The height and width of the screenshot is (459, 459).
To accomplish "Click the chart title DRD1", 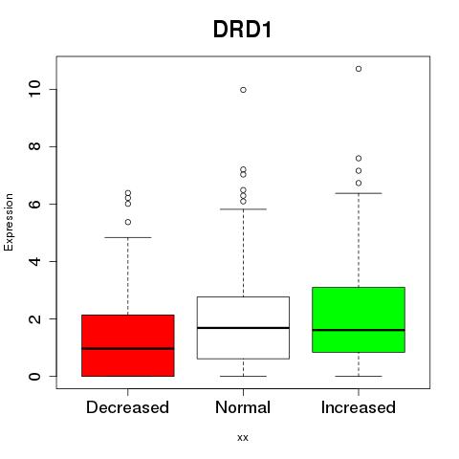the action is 242,30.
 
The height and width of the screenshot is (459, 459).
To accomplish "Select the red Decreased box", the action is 128,345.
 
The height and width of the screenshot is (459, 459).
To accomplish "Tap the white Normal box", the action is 243,328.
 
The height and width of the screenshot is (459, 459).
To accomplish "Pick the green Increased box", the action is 359,319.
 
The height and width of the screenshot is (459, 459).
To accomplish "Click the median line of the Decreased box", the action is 128,348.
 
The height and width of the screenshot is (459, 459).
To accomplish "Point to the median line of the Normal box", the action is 243,328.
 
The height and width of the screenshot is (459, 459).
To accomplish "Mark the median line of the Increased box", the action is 359,330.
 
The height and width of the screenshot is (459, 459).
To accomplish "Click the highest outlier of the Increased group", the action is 359,69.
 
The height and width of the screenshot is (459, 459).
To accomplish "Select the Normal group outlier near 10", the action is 243,90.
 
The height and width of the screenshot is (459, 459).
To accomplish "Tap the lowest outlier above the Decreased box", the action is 128,222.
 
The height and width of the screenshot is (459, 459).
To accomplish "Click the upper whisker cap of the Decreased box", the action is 128,237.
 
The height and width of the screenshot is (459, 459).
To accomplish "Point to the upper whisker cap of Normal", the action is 243,209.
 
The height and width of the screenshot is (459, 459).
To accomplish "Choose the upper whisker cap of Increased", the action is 359,193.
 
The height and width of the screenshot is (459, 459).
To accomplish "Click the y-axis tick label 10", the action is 34,89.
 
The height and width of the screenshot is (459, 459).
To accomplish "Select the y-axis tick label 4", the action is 34,261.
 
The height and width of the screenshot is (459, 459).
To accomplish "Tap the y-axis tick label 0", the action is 34,376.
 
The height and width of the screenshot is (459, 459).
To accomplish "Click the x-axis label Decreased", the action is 127,407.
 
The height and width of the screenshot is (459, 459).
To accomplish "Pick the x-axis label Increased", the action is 359,407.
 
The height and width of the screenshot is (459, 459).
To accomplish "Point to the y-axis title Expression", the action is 9,222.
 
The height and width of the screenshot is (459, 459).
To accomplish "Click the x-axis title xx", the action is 243,438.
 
